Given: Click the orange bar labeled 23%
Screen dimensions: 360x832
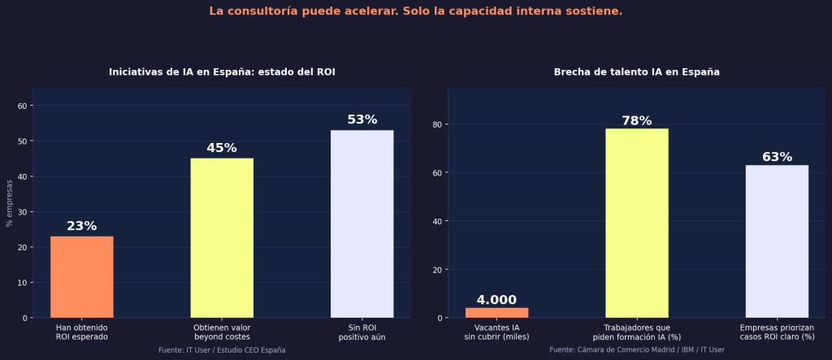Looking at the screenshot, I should point(81,276).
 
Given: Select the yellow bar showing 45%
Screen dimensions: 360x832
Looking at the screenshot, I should point(222,237).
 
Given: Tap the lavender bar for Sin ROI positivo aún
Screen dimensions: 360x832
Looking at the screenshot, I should point(362,223).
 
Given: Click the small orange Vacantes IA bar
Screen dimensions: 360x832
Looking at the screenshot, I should point(496,313).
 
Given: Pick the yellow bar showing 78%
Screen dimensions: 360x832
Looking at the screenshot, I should point(636,223).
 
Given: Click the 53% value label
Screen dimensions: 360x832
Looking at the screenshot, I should point(362,119).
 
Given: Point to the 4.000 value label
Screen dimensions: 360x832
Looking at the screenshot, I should point(496,300).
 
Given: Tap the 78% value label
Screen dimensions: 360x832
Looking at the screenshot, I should point(636,120).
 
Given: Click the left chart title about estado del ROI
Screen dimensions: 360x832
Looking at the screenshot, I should point(222,72).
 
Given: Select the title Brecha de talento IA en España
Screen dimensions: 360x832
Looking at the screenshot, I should point(636,72).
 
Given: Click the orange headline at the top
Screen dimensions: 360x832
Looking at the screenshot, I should point(415,11).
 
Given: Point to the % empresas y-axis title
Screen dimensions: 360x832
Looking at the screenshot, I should point(10,203).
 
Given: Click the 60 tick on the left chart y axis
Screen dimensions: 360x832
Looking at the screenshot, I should point(23,106).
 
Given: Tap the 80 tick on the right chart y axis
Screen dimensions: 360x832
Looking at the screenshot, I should point(438,124).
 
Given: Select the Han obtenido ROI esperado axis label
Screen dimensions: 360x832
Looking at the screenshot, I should point(81,332).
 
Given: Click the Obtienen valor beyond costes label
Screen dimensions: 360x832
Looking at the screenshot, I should point(222,332).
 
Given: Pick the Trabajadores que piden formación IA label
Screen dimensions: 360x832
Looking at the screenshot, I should point(636,332).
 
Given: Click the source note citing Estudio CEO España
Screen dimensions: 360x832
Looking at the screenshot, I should point(222,349).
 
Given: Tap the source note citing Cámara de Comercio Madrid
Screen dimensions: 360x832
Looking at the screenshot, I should point(636,349).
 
